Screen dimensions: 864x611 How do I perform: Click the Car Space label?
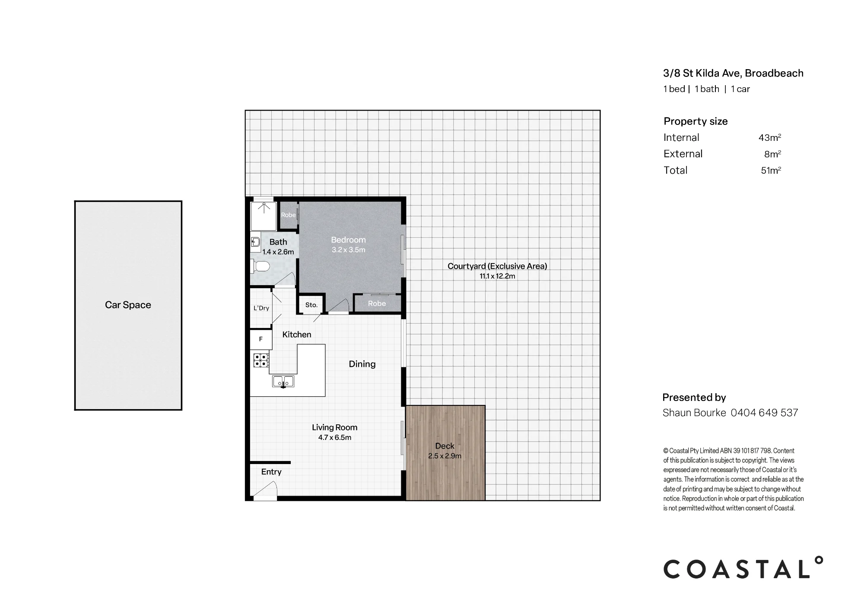point(128,305)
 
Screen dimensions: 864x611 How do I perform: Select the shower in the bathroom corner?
point(264,216)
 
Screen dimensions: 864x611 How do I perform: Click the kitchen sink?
point(283,381)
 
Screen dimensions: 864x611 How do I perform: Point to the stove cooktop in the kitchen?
point(261,360)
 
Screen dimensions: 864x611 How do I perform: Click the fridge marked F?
point(261,340)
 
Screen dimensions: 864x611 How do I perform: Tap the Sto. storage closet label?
point(311,305)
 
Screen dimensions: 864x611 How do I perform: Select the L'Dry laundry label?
point(261,308)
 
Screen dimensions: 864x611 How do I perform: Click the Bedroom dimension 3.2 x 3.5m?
point(349,250)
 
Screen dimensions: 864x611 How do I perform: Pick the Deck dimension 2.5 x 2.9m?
point(445,456)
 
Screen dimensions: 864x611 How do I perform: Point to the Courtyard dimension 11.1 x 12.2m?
point(497,276)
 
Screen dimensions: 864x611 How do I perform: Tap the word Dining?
point(362,364)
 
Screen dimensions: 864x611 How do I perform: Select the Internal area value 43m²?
point(770,137)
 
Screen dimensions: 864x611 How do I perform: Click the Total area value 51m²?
point(771,170)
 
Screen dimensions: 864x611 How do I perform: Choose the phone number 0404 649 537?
point(764,413)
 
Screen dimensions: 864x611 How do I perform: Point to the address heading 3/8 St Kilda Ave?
point(702,73)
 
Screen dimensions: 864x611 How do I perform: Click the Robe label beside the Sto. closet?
point(377,303)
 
